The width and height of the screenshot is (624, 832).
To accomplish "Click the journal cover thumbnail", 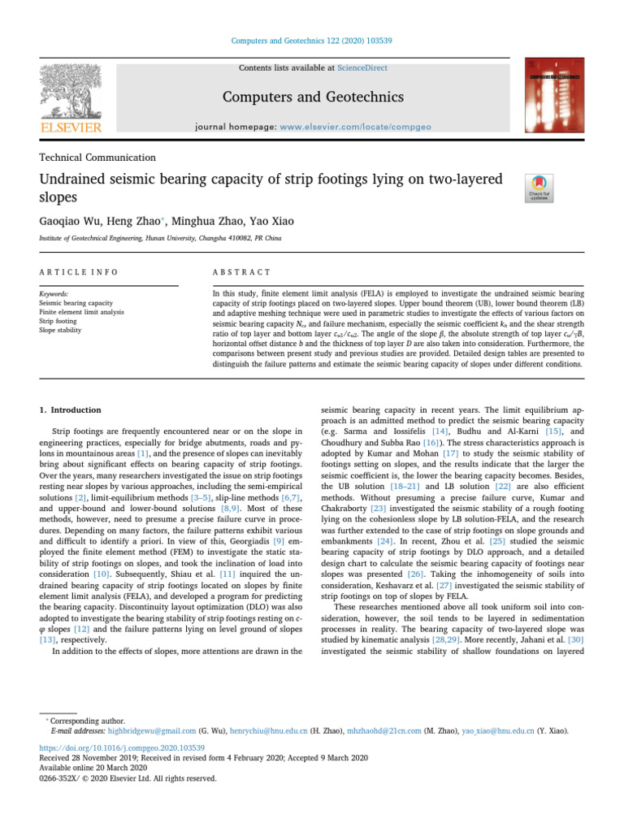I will pos(554,95).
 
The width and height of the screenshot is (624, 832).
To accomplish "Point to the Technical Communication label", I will pos(97,158).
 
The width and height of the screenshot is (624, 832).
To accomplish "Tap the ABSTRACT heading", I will pos(236,272).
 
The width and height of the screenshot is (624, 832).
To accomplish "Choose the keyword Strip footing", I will pos(62,321).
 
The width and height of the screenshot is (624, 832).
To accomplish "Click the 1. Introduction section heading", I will pos(71,410).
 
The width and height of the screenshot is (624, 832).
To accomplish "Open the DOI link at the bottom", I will pos(122,747).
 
